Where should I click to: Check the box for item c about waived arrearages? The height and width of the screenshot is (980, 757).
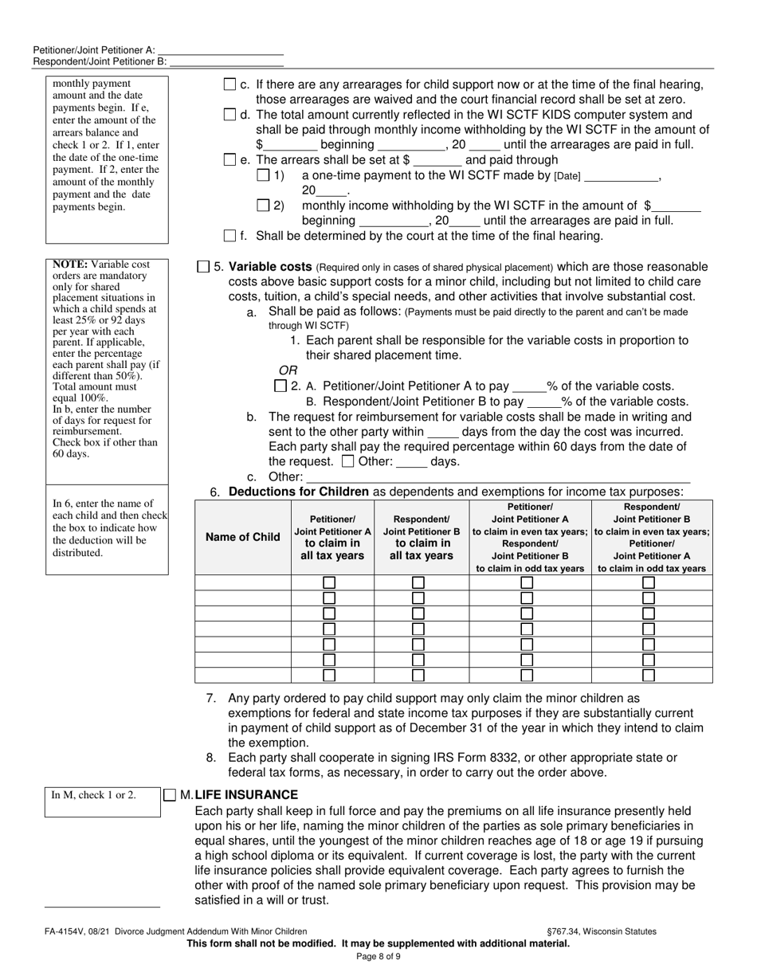pyautogui.click(x=229, y=84)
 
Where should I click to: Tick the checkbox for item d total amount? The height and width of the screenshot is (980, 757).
pyautogui.click(x=229, y=115)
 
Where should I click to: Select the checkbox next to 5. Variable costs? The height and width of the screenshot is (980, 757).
pyautogui.click(x=202, y=267)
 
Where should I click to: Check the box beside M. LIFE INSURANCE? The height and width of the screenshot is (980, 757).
pyautogui.click(x=170, y=795)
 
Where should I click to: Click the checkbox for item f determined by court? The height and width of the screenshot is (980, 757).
pyautogui.click(x=229, y=236)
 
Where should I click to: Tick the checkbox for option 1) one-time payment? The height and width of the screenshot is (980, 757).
pyautogui.click(x=263, y=175)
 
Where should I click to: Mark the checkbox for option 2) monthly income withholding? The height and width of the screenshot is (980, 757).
pyautogui.click(x=263, y=206)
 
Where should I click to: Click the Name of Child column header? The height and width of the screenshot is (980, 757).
pyautogui.click(x=243, y=537)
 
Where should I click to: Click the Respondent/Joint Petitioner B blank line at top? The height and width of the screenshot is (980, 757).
pyautogui.click(x=226, y=61)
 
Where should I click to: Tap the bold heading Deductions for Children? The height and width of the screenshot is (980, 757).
pyautogui.click(x=299, y=492)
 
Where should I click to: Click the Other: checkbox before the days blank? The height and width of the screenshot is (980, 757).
pyautogui.click(x=347, y=461)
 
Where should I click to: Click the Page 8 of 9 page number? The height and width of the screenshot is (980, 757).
pyautogui.click(x=378, y=957)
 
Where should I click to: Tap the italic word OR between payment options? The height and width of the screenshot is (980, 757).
pyautogui.click(x=287, y=370)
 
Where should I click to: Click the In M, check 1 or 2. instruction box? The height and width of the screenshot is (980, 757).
pyautogui.click(x=94, y=794)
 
